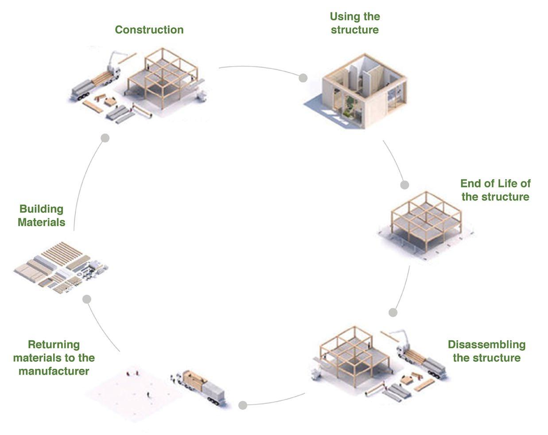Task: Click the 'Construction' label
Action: coord(149,30)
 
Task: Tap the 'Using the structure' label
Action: coord(354,23)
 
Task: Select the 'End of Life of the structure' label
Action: coord(495,190)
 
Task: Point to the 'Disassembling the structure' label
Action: coord(486,351)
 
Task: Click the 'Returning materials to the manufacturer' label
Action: coord(54,357)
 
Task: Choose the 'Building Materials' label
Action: coord(42,216)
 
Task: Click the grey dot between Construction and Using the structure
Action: coord(303,78)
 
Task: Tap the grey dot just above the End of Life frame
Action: coord(404,184)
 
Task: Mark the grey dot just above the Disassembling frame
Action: coord(393,313)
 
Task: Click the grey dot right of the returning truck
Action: coord(242,405)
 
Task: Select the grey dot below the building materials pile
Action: coord(87,299)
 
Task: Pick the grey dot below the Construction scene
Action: coord(105,138)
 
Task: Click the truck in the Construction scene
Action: coord(95,84)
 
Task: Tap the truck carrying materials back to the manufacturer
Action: coord(199,385)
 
